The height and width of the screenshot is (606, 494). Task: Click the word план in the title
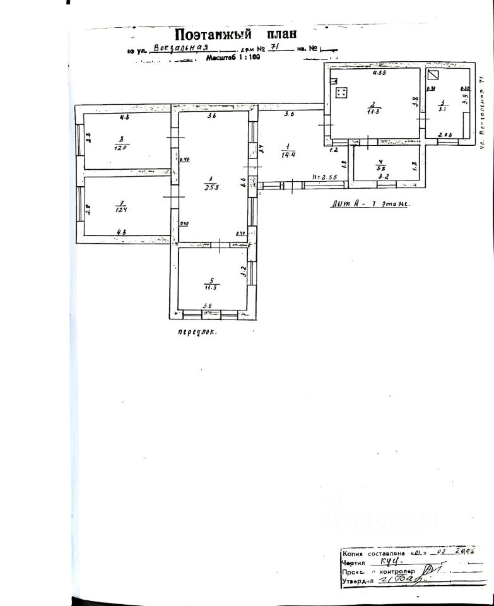point(277,33)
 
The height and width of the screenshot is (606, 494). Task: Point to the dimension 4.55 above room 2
point(379,73)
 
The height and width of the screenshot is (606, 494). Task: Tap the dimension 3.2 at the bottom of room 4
point(383,178)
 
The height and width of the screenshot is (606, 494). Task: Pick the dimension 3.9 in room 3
point(465,98)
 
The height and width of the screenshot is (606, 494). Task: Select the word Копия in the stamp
point(354,552)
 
